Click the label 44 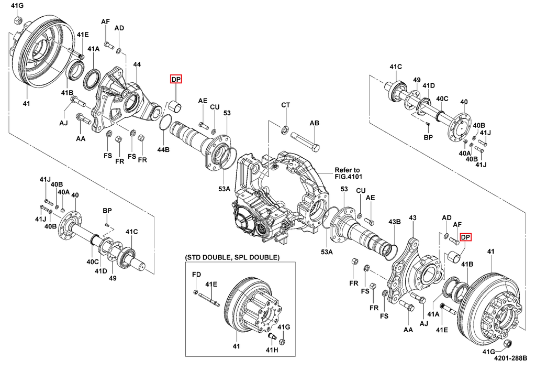point(137,64)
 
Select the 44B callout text point(163,149)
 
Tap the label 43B point(395,222)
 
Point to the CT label point(286,105)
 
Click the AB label point(315,123)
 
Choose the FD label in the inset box point(197,275)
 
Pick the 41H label point(272,350)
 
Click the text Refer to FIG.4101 point(348,173)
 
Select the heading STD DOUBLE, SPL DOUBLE point(232,257)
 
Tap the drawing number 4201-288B point(511,358)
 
